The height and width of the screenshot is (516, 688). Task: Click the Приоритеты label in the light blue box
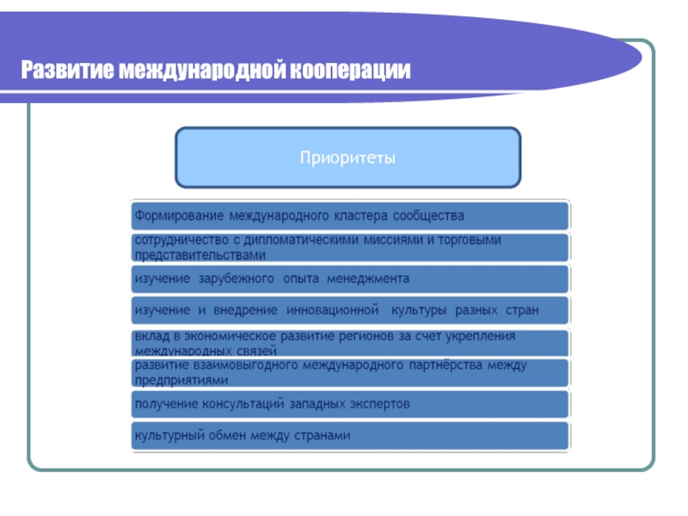pos(347,158)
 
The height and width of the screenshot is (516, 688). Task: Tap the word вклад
pos(149,335)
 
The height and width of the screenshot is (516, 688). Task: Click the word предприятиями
pos(181,379)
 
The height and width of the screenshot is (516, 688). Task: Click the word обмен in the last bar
pos(230,436)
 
